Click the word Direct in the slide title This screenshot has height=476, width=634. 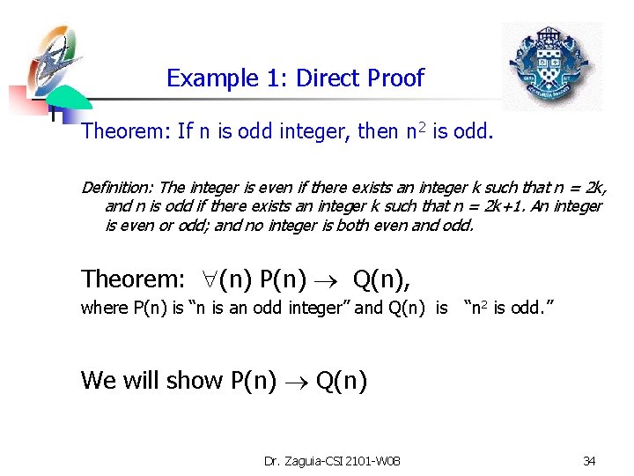[328, 78]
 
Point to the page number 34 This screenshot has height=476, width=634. [589, 460]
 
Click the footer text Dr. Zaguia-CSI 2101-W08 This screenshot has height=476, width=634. [332, 460]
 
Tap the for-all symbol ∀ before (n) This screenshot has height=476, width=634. [203, 279]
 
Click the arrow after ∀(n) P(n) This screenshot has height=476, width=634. [337, 280]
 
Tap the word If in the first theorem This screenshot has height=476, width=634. [185, 131]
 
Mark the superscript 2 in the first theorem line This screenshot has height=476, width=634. [422, 127]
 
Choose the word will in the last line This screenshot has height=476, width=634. [138, 380]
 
